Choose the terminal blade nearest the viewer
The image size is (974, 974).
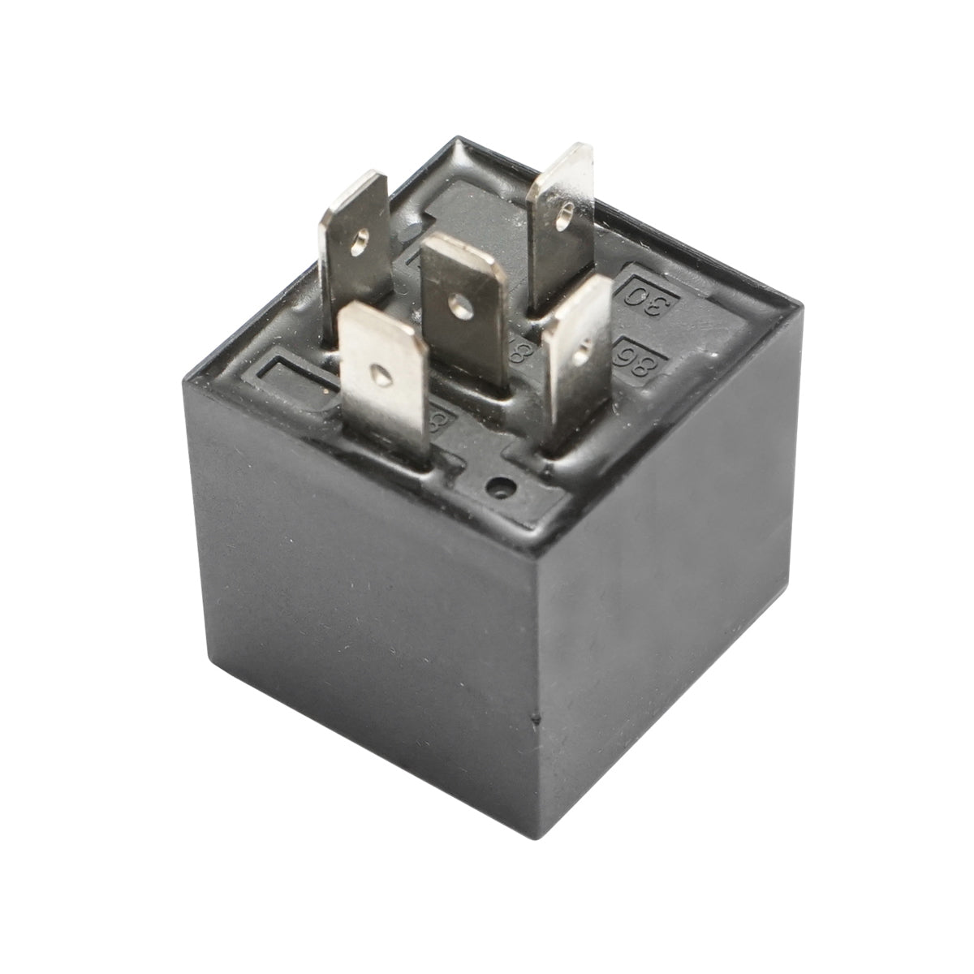tap(383, 381)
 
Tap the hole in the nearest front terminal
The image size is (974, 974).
tap(379, 374)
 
